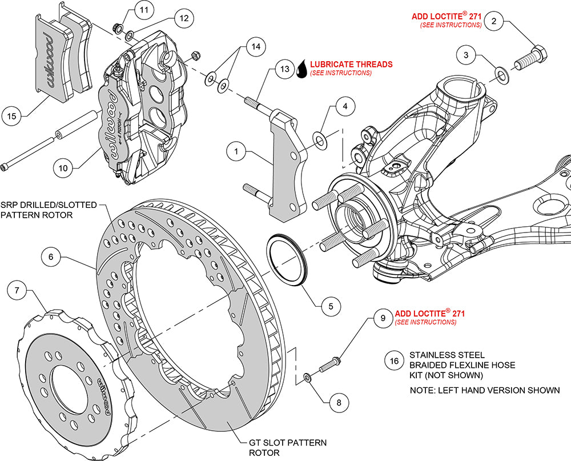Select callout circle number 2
click(494, 22)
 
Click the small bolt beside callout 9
click(332, 363)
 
